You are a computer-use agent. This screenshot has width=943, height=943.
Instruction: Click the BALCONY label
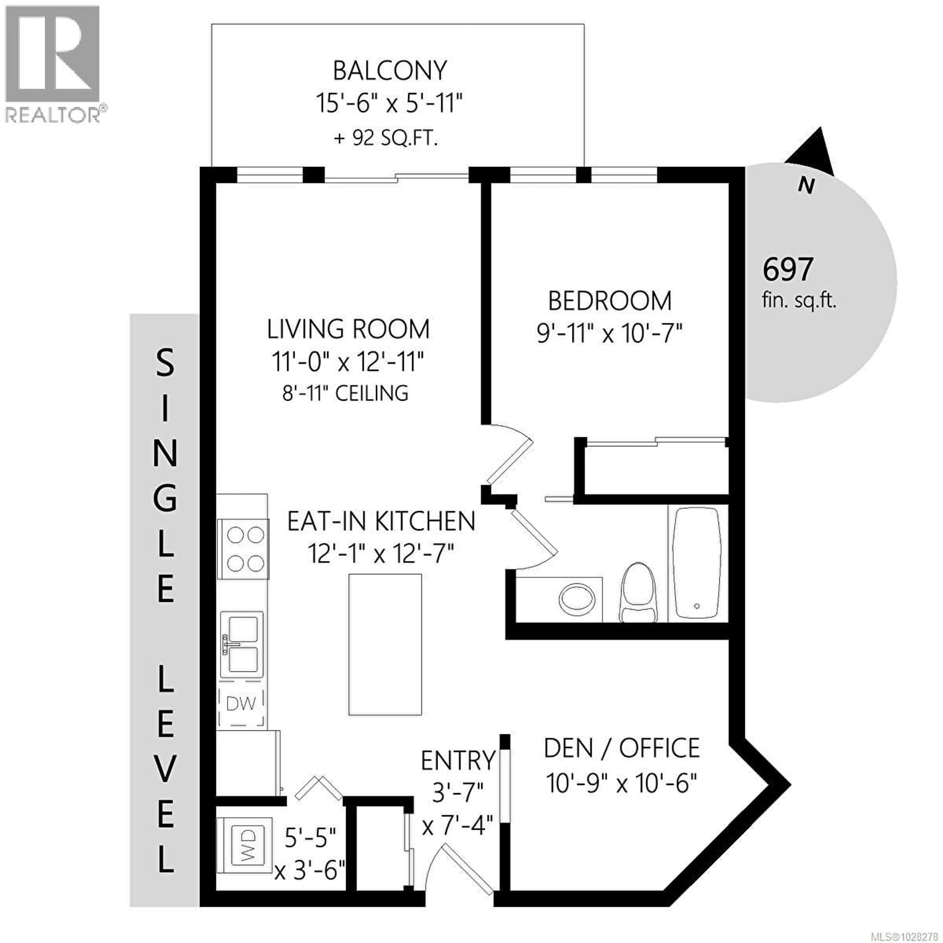pyautogui.click(x=389, y=71)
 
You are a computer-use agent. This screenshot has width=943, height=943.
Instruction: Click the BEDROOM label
pyautogui.click(x=610, y=301)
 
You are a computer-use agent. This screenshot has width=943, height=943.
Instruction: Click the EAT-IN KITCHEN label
pyautogui.click(x=381, y=521)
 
